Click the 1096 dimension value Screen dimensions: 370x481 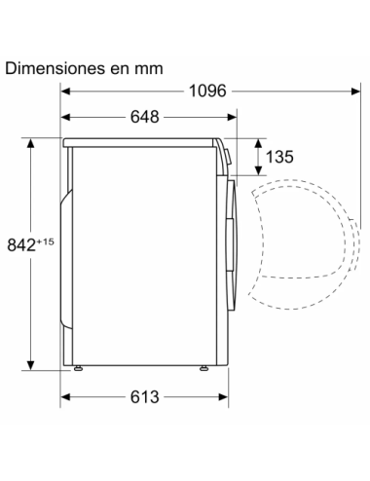207,92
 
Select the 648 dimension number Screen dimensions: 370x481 145,117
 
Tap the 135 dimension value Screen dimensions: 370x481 279,157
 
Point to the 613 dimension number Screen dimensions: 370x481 145,397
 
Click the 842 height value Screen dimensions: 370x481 21,245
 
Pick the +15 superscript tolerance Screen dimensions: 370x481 45,241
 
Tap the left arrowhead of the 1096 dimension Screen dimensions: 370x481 65,92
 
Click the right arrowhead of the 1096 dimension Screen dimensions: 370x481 355,92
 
